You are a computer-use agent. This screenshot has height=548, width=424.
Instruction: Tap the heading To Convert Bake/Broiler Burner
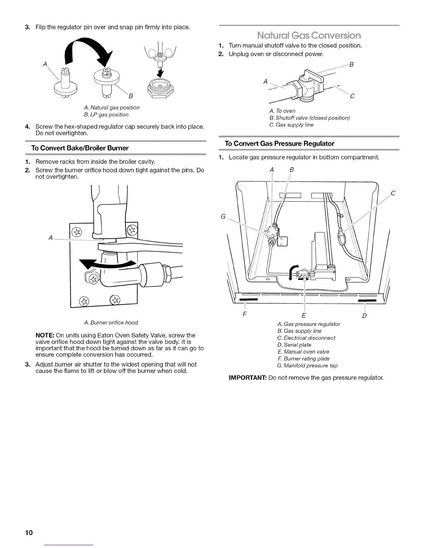coord(80,148)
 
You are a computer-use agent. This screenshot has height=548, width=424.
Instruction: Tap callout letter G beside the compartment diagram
coord(223,217)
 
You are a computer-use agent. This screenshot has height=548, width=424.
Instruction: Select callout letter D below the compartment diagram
coord(364,316)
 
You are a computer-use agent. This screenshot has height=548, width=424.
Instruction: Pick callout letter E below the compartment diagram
coord(304,316)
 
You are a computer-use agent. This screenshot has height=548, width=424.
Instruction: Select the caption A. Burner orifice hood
coord(111,322)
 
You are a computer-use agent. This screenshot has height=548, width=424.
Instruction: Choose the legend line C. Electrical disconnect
coord(306,338)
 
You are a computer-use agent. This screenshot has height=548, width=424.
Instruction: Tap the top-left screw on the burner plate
coord(76,231)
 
